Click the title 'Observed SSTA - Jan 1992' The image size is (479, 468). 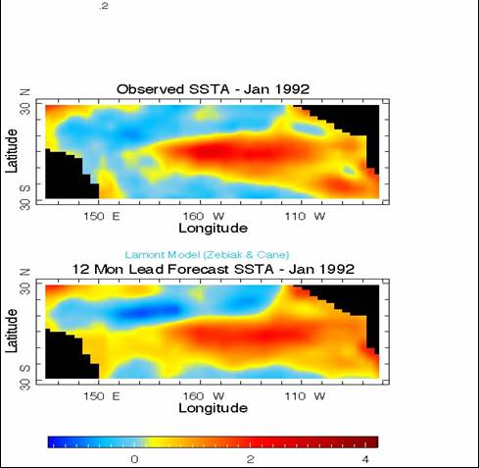(x=213, y=89)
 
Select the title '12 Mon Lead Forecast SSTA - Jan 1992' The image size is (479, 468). (x=213, y=269)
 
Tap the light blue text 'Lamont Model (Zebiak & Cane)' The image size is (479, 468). (x=207, y=255)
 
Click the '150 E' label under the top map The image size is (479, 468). (x=102, y=216)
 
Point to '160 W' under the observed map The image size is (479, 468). (x=203, y=216)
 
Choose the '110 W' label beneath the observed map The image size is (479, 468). (x=305, y=216)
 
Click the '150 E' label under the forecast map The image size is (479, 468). (x=102, y=396)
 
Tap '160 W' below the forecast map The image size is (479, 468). (x=203, y=396)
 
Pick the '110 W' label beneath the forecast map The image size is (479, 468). (x=305, y=396)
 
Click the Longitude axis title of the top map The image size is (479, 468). (x=213, y=229)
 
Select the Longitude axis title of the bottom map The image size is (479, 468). (x=213, y=408)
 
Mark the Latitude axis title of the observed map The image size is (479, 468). (x=12, y=151)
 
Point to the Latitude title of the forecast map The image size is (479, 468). (x=12, y=331)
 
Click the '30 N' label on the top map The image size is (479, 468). (x=25, y=101)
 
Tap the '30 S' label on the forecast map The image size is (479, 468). (x=25, y=377)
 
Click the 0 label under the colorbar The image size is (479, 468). (x=134, y=459)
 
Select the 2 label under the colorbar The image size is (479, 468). (x=250, y=459)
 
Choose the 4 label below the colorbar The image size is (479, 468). (x=365, y=459)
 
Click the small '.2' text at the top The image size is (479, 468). (x=104, y=6)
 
